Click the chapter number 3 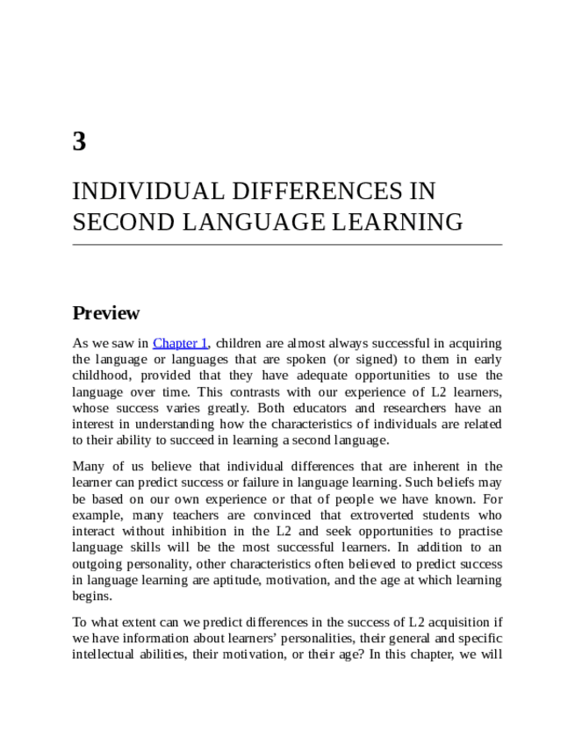point(79,141)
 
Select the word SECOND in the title point(113,222)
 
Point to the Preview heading point(105,313)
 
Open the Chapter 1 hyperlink point(180,343)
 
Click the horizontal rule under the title point(287,244)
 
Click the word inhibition point(234,532)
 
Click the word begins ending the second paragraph point(91,597)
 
